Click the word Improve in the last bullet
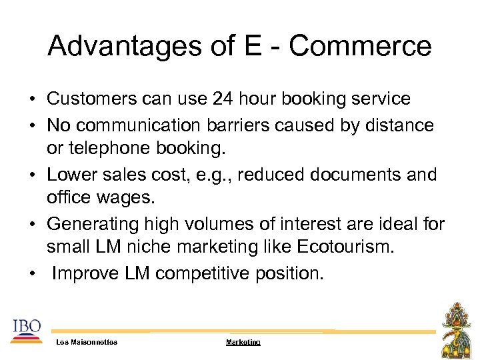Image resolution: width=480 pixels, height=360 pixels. click(x=85, y=274)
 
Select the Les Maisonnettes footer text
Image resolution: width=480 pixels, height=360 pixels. click(x=87, y=342)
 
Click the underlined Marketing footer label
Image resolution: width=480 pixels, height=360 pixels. click(x=243, y=342)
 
